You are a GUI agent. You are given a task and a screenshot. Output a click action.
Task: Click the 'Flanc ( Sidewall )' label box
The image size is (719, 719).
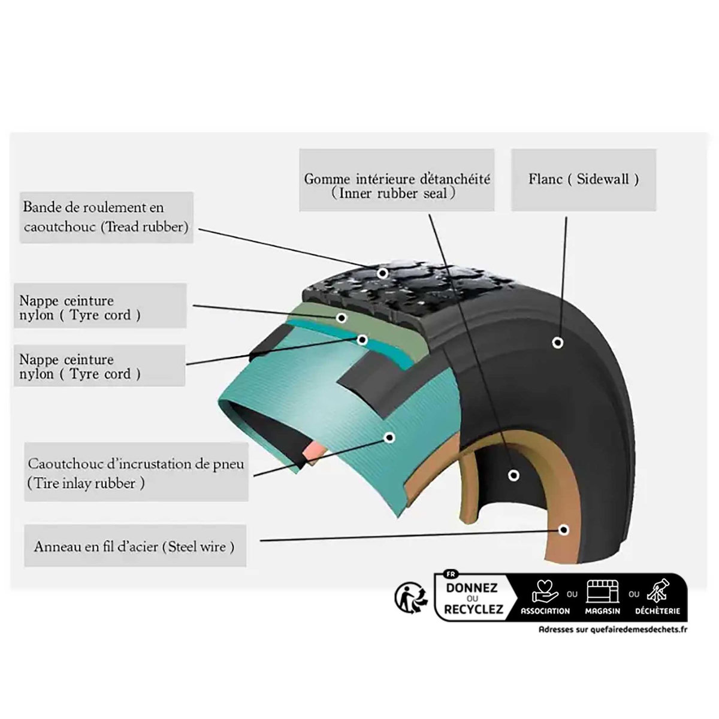pyautogui.click(x=583, y=179)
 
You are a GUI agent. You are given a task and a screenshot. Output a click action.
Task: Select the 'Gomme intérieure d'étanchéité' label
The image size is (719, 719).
pyautogui.click(x=397, y=186)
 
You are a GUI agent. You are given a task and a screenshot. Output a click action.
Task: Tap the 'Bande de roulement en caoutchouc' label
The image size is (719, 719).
pyautogui.click(x=106, y=217)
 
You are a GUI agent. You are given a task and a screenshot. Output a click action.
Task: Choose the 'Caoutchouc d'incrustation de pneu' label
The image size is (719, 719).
pyautogui.click(x=135, y=473)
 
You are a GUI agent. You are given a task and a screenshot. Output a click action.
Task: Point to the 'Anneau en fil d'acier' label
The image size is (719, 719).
pyautogui.click(x=134, y=546)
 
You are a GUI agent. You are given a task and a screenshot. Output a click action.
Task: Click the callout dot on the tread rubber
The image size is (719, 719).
pyautogui.click(x=382, y=273)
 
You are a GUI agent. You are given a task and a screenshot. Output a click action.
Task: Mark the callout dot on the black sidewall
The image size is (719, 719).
pyautogui.click(x=557, y=343)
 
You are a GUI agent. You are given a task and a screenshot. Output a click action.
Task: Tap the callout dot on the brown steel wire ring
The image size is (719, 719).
pyautogui.click(x=563, y=530)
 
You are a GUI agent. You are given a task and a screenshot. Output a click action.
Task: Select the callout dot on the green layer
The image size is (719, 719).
pyautogui.click(x=342, y=317)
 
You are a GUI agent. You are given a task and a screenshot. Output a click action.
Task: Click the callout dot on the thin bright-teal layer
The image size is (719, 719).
pyautogui.click(x=362, y=340)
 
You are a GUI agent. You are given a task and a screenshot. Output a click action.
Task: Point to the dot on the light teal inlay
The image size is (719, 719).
pyautogui.click(x=389, y=438)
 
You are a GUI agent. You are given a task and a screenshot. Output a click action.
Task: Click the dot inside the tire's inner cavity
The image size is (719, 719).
pyautogui.click(x=512, y=475)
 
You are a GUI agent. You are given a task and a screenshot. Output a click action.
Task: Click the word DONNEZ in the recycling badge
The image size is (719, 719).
pyautogui.click(x=472, y=588)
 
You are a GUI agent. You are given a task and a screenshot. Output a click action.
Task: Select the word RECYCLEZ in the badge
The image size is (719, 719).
pyautogui.click(x=471, y=610)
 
